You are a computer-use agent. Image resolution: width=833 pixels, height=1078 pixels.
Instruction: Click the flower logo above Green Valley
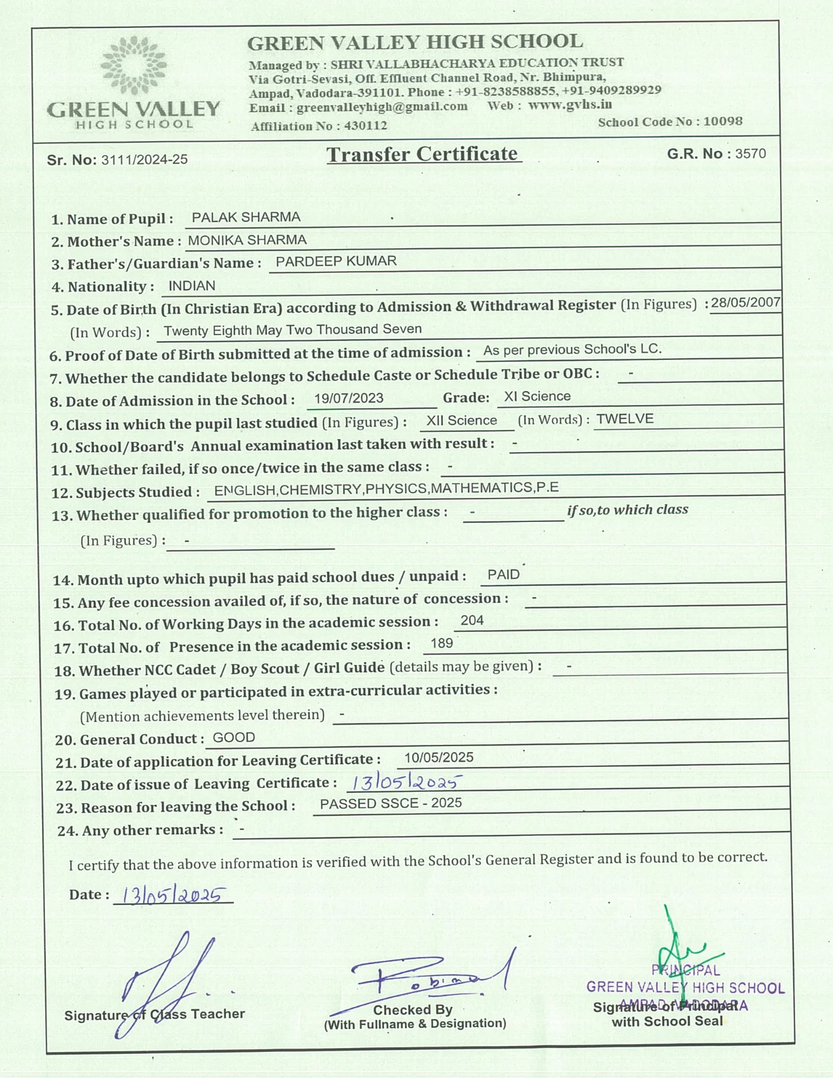click(x=134, y=65)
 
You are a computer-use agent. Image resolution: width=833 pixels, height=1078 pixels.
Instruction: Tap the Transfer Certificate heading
click(x=423, y=154)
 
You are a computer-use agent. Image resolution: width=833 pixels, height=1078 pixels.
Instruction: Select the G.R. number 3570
click(x=750, y=154)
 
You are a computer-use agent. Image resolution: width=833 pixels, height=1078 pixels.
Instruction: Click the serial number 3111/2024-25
click(x=144, y=159)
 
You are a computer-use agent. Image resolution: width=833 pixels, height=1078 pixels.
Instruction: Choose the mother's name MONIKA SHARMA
click(x=247, y=240)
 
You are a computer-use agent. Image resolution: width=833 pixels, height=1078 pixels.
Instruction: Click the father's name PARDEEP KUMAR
click(x=336, y=261)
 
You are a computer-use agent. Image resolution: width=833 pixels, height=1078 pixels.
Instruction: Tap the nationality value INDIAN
click(x=191, y=286)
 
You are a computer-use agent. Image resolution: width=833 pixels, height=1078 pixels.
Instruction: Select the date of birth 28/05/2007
click(x=745, y=302)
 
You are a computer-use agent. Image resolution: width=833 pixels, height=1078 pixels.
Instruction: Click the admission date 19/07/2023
click(x=348, y=398)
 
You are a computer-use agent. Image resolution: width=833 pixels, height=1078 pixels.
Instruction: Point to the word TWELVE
click(x=625, y=419)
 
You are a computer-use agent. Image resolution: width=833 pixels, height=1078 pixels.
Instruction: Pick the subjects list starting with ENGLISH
click(x=386, y=489)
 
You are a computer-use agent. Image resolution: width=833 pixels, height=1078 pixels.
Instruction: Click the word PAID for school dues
click(x=503, y=574)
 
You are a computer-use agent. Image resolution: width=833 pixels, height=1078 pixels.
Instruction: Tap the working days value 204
click(x=472, y=620)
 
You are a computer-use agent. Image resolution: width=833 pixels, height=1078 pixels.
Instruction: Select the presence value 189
click(x=442, y=644)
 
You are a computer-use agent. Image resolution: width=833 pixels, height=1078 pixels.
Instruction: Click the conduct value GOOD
click(x=234, y=738)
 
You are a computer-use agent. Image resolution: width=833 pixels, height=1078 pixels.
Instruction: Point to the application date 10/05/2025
click(x=438, y=757)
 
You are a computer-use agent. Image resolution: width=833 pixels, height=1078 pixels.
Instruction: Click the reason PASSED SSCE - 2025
click(x=391, y=803)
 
